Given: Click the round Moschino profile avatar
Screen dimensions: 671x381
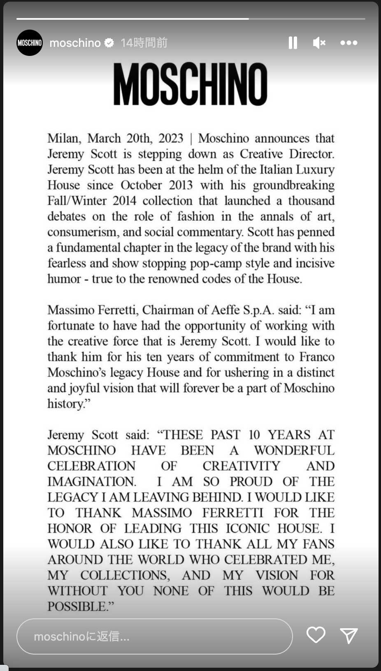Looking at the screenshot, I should pyautogui.click(x=30, y=43).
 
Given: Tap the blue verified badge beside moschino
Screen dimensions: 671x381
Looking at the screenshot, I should pyautogui.click(x=109, y=43).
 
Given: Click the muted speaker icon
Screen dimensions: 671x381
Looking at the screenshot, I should pyautogui.click(x=319, y=43).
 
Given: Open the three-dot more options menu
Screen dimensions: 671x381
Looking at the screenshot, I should pyautogui.click(x=348, y=43).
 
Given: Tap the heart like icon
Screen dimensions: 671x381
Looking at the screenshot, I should pyautogui.click(x=316, y=635).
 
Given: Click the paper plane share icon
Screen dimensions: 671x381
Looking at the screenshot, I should pyautogui.click(x=349, y=636).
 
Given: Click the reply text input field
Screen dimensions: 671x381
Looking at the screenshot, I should pyautogui.click(x=154, y=636).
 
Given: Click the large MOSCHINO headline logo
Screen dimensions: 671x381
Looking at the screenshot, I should pyautogui.click(x=190, y=84).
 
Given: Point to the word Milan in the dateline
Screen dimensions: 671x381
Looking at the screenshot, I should pyautogui.click(x=63, y=139).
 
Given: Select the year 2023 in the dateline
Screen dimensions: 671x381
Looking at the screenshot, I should pyautogui.click(x=171, y=139).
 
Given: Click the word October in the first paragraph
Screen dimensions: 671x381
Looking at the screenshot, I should pyautogui.click(x=141, y=185).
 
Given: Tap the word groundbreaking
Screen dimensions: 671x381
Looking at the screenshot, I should pyautogui.click(x=293, y=185).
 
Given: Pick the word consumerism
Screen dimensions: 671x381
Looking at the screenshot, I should pyautogui.click(x=82, y=232).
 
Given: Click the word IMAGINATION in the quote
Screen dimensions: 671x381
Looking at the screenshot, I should pyautogui.click(x=91, y=481).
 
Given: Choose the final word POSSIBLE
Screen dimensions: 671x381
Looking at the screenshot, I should pyautogui.click(x=77, y=606).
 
